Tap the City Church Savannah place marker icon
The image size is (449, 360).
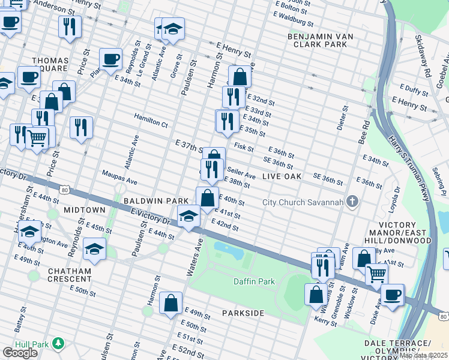(x=353, y=202)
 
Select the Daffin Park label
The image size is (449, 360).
(x=254, y=281)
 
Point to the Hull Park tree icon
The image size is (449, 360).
(x=58, y=343)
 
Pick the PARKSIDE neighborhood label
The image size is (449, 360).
(x=243, y=313)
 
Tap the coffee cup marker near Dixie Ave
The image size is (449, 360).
(x=393, y=295)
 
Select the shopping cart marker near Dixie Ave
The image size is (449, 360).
(x=376, y=274)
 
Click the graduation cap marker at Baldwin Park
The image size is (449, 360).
(x=188, y=215)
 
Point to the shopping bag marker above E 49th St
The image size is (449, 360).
(x=171, y=303)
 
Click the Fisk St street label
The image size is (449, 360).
(x=244, y=146)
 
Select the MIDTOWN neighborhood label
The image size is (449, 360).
(x=80, y=210)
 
